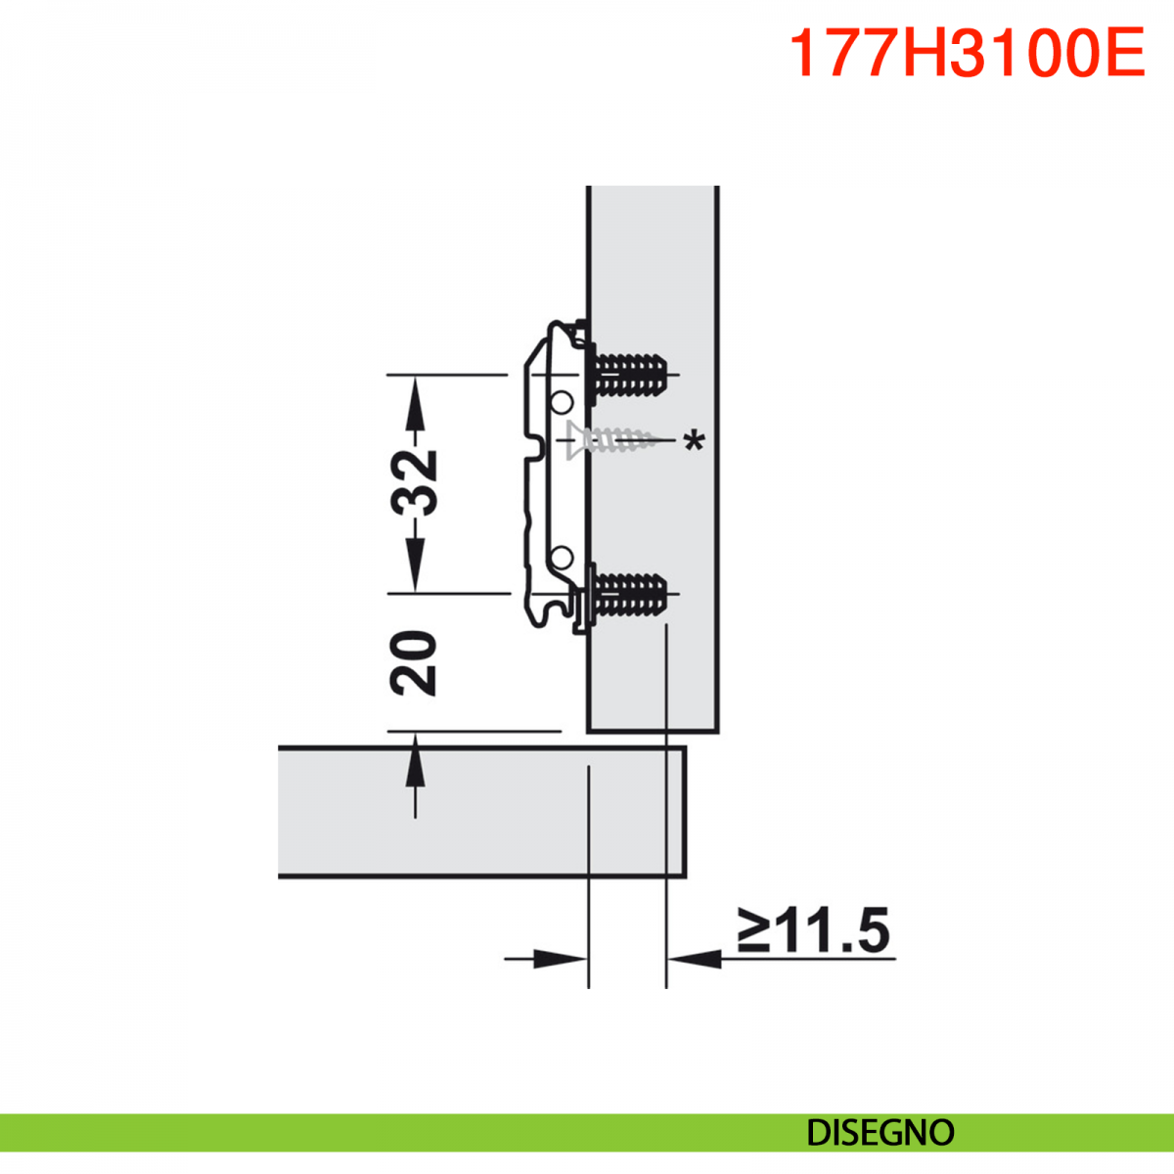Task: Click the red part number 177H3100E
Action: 967,53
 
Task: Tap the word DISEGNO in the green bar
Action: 880,1133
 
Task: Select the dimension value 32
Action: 414,483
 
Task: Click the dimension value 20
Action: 414,663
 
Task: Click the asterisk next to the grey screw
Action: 694,440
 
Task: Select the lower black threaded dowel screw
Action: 627,593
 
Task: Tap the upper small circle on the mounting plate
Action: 563,401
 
